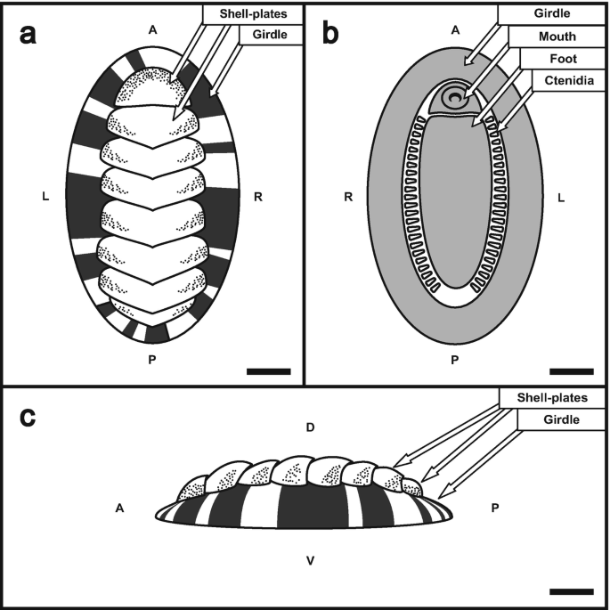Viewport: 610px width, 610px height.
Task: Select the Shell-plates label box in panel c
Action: pyautogui.click(x=555, y=396)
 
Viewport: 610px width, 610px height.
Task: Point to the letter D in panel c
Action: pyautogui.click(x=310, y=429)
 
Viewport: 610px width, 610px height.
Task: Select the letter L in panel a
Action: pyautogui.click(x=45, y=196)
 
